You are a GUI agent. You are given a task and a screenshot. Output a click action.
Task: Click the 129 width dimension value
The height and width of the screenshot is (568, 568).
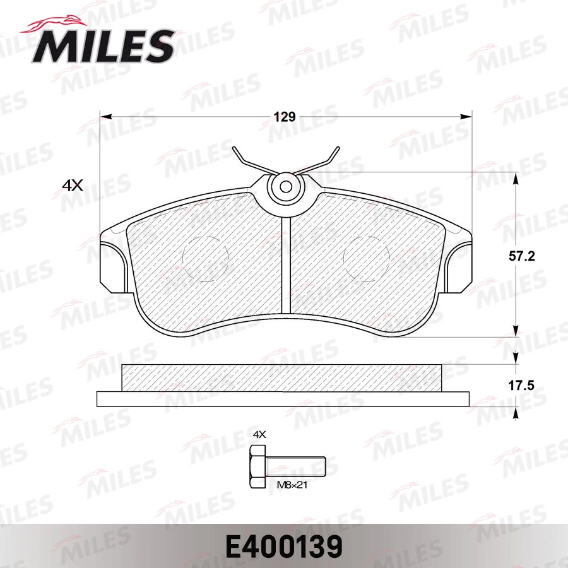284,117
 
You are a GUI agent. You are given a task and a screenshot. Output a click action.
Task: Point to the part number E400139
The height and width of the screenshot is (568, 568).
283,544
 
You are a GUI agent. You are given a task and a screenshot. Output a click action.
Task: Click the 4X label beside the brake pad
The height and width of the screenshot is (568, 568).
73,185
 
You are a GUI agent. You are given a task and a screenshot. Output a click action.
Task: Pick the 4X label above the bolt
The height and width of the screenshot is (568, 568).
260,434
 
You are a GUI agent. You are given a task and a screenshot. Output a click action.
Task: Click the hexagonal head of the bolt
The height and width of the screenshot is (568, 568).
257,467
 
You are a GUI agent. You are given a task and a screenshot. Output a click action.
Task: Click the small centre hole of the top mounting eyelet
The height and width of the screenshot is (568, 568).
285,187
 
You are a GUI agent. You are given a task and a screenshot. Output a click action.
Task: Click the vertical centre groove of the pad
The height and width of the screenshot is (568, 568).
285,265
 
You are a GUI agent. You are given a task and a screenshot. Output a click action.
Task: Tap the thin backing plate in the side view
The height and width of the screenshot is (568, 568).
283,399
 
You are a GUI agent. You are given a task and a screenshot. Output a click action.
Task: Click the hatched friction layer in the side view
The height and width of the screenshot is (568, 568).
283,377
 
